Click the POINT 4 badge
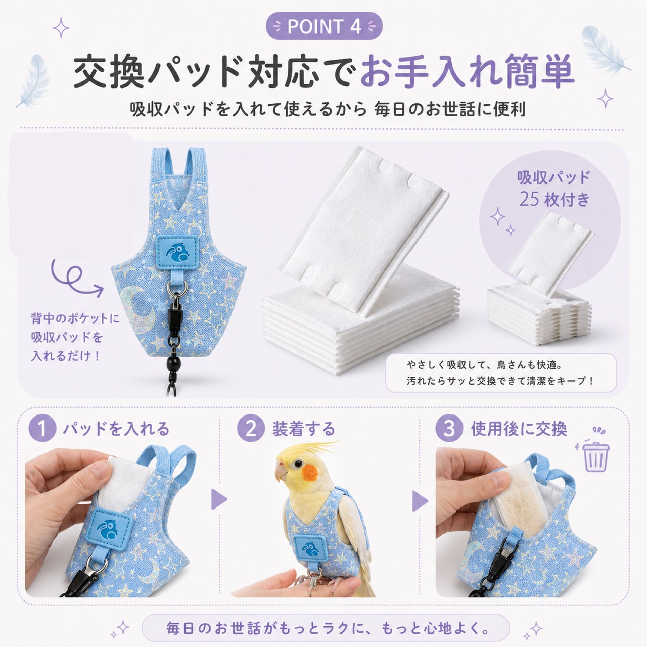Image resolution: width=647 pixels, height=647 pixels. (324, 26)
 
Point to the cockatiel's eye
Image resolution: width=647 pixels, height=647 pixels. (298, 464)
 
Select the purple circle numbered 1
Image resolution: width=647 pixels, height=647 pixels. (42, 429)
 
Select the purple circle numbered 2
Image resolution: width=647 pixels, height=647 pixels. (251, 429)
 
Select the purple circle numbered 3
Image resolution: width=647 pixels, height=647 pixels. (449, 429)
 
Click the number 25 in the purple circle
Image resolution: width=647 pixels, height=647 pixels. (529, 200)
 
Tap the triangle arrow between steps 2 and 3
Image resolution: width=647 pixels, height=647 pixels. (420, 501)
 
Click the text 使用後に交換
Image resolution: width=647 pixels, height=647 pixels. (519, 429)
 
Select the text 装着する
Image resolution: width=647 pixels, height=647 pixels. (303, 429)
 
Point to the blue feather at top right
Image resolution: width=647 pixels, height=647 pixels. (605, 50)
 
